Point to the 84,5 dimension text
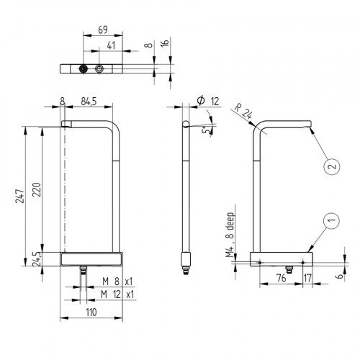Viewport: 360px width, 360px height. pos(90,100)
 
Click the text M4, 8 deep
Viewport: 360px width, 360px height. pos(231,233)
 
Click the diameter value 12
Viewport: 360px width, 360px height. pos(213,100)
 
